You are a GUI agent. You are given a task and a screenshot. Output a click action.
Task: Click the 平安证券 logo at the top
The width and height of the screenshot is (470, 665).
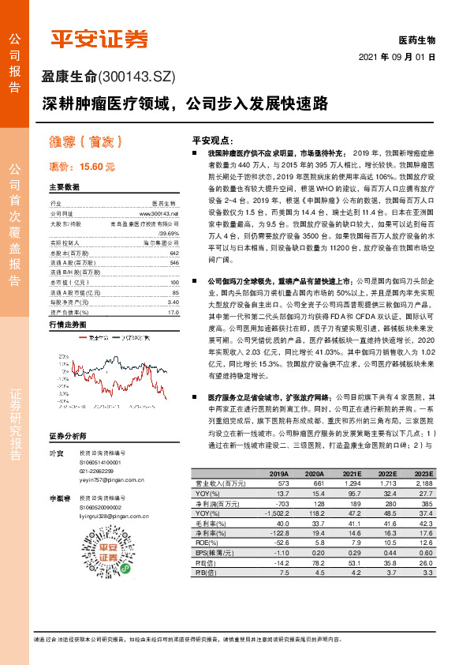tap(99, 39)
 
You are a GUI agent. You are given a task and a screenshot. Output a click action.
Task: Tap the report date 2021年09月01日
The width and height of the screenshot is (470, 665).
tap(397, 57)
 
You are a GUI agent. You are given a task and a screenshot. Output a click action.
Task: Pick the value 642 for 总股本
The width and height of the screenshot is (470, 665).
tap(174, 252)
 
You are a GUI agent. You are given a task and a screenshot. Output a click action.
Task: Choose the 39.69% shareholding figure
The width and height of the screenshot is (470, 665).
tap(169, 234)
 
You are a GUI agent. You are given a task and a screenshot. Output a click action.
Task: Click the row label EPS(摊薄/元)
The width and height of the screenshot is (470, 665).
tap(216, 553)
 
